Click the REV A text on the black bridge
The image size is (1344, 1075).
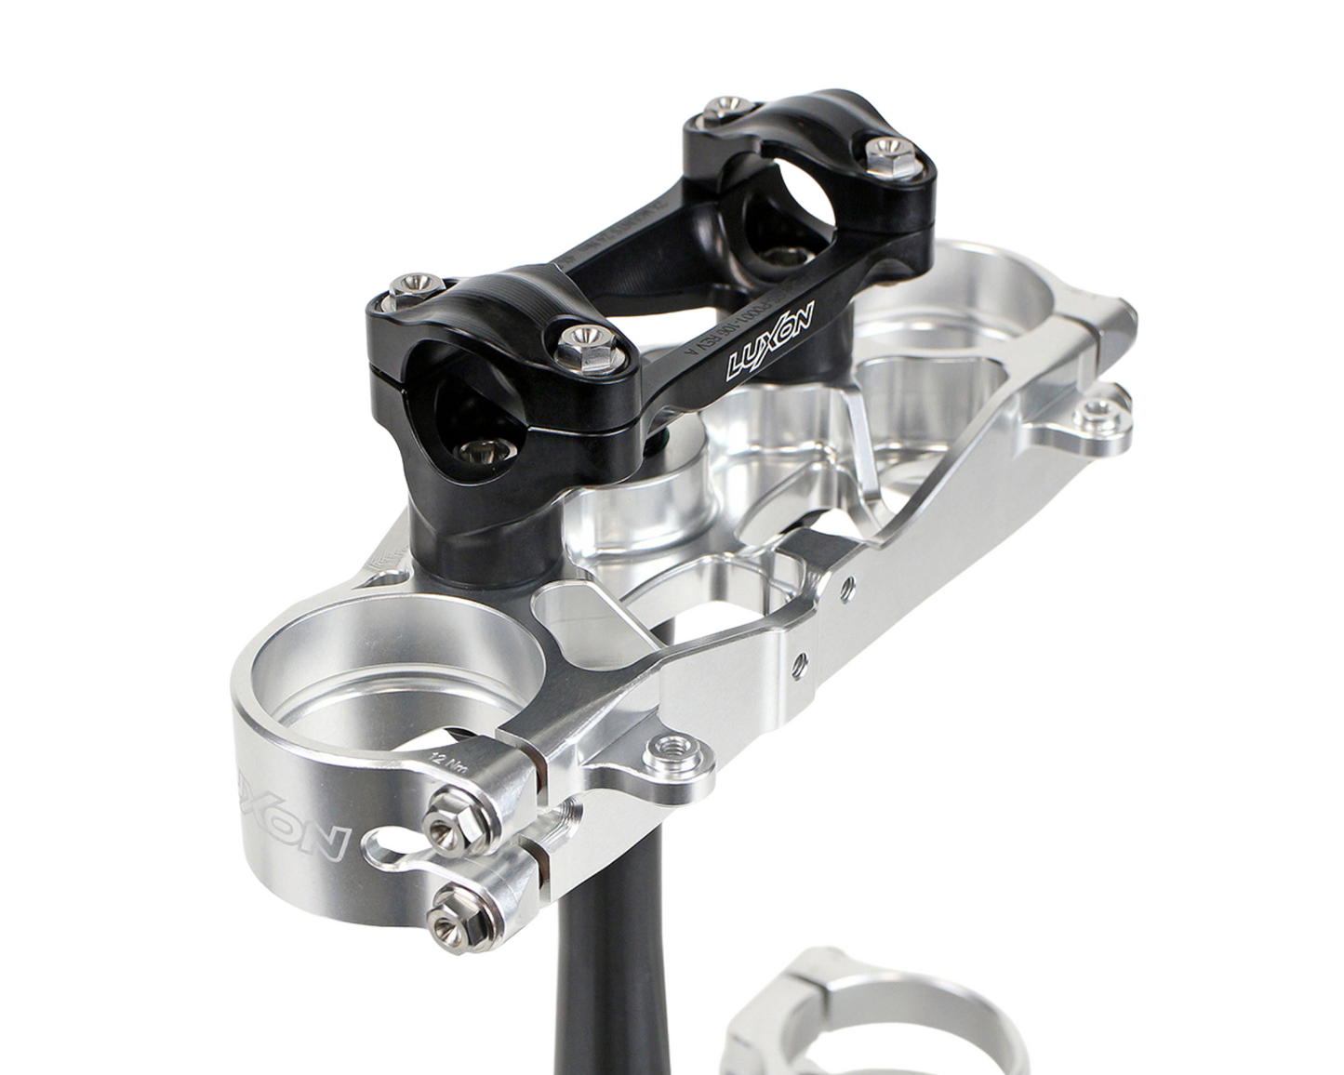pyautogui.click(x=708, y=343)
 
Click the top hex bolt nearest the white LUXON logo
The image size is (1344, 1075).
pyautogui.click(x=585, y=338)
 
